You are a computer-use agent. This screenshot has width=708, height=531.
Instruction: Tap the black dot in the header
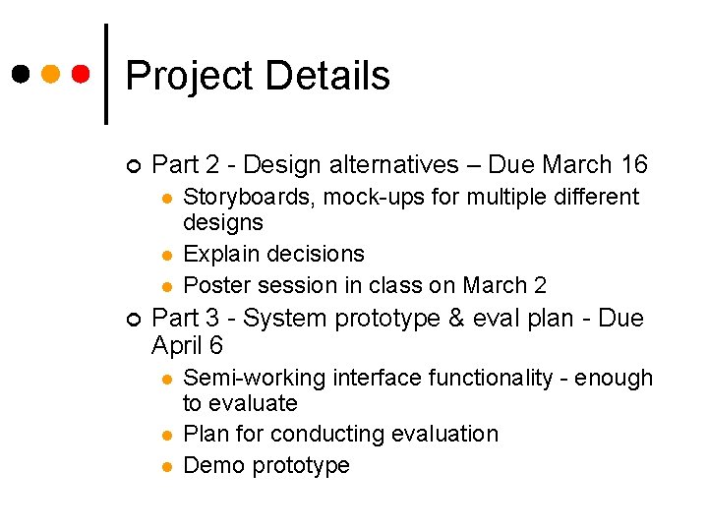tap(21, 74)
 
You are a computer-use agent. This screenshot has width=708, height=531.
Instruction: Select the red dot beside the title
tap(82, 74)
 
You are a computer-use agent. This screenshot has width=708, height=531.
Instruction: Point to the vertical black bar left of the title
tap(105, 74)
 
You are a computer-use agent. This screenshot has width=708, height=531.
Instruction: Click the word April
tap(177, 345)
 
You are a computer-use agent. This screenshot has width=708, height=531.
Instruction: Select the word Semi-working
tap(255, 378)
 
